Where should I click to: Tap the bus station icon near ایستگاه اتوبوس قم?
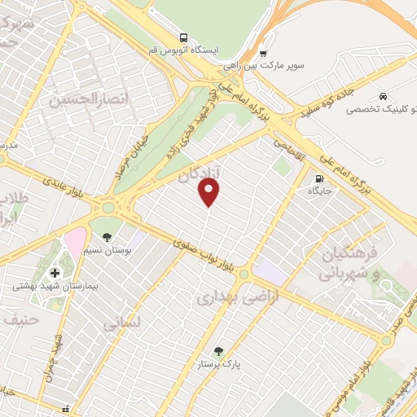(183, 37)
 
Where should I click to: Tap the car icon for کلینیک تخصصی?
(383, 95)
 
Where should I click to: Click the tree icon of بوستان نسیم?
(108, 237)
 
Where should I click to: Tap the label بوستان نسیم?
(108, 250)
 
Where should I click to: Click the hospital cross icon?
(55, 273)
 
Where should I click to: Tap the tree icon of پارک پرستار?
(217, 351)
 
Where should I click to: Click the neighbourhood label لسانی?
(122, 323)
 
